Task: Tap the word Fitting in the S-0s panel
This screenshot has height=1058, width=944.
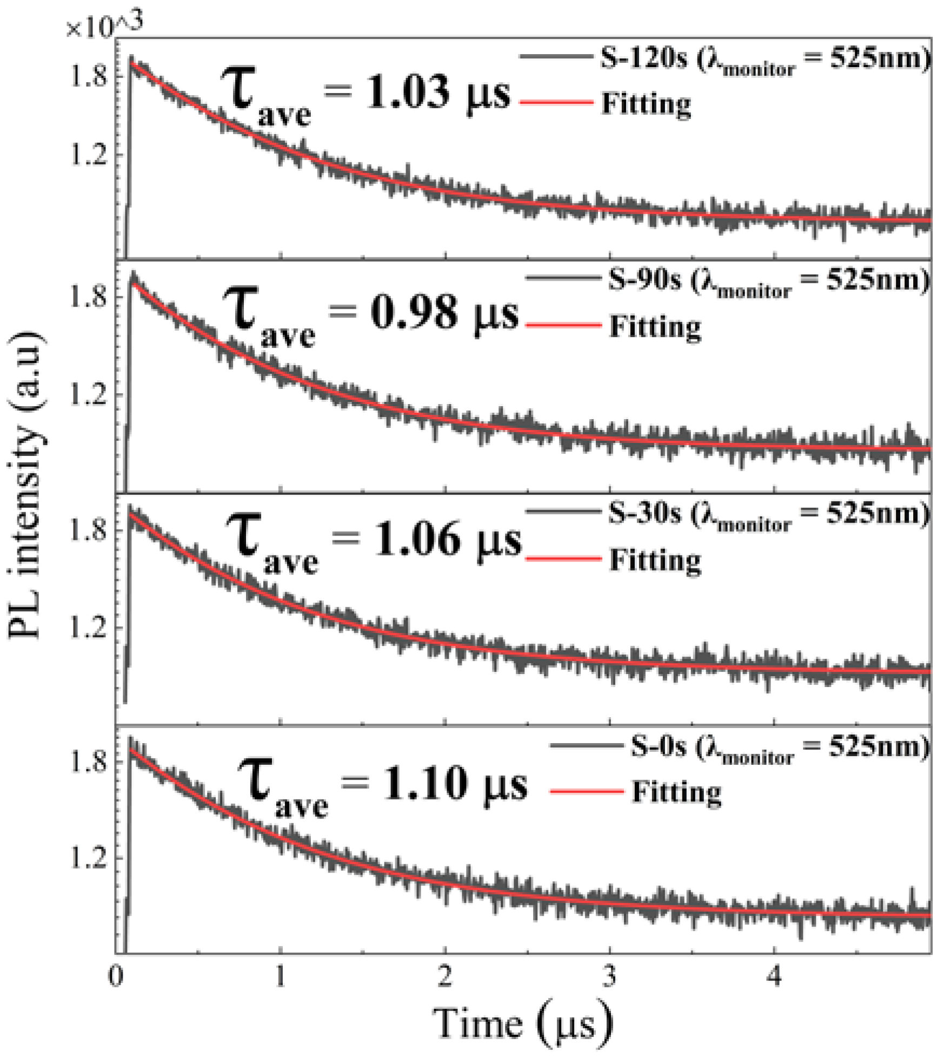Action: (x=676, y=792)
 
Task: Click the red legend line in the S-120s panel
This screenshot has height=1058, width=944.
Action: (x=556, y=102)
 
